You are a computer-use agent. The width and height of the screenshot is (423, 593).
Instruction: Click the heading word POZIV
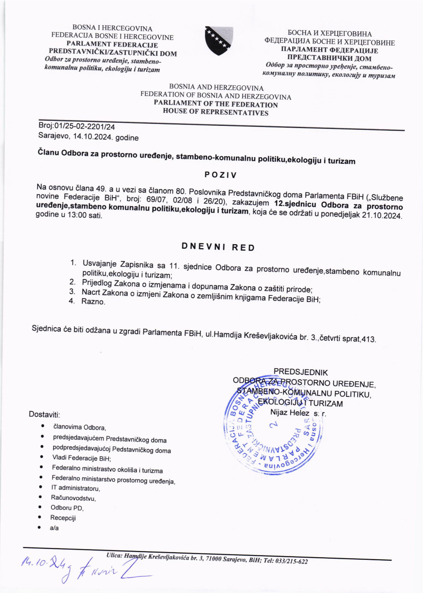221,175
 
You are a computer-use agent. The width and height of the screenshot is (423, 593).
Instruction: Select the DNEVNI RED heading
218,247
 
